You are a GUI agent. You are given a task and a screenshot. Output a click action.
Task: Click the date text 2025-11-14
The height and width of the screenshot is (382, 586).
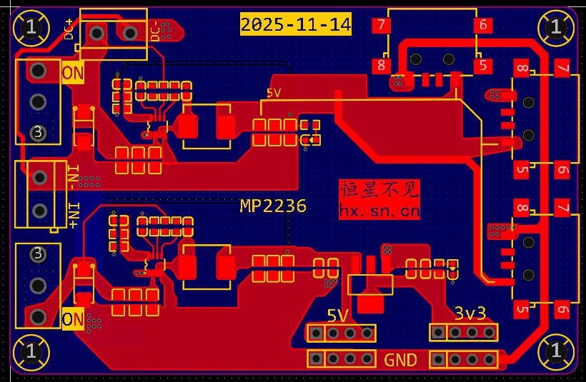click(296, 25)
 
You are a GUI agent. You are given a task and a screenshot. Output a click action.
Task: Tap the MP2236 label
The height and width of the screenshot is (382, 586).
click(273, 206)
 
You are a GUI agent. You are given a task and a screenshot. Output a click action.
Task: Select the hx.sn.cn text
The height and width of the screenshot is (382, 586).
click(379, 211)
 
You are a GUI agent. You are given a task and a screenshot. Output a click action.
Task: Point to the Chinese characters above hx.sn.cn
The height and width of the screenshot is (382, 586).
click(379, 190)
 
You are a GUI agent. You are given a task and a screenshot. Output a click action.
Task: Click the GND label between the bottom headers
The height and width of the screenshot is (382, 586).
click(400, 360)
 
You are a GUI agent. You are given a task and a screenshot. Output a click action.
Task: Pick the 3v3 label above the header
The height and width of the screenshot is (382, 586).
click(470, 313)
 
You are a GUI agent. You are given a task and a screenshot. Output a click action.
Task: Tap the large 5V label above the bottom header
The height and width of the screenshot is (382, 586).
click(338, 316)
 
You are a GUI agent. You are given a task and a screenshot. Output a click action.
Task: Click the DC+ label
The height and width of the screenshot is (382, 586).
click(70, 29)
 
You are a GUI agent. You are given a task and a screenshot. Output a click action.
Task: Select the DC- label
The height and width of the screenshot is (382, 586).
click(155, 31)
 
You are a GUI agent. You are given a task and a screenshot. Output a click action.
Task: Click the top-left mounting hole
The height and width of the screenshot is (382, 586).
click(31, 28)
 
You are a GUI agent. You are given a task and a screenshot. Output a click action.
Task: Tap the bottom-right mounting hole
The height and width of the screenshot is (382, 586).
click(556, 351)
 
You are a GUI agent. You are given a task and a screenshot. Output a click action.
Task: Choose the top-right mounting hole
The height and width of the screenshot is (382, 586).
click(556, 28)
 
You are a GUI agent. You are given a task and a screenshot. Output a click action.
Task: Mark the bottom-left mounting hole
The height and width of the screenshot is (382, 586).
click(31, 351)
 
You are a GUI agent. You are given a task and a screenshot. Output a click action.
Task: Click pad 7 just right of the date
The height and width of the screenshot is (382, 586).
click(382, 26)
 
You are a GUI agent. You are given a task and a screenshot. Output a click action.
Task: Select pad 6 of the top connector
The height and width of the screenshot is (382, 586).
click(483, 26)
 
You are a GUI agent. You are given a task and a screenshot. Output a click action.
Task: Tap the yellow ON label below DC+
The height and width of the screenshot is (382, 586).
click(73, 73)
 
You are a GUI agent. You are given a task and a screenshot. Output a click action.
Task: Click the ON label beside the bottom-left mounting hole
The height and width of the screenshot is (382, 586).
click(73, 318)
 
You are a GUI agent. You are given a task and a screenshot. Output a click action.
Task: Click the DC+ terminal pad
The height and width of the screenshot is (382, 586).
click(96, 32)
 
